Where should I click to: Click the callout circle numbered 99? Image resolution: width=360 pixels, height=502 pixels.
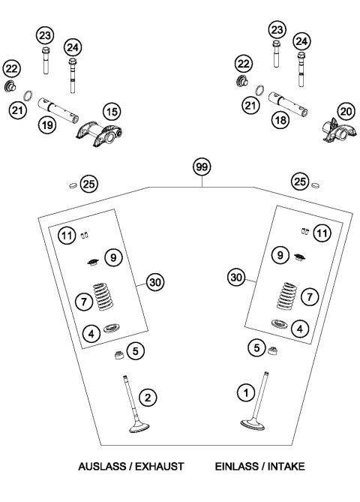point(200,167)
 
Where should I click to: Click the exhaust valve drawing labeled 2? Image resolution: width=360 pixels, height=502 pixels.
point(127,409)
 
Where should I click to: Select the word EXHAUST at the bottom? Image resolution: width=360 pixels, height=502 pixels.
point(160,466)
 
